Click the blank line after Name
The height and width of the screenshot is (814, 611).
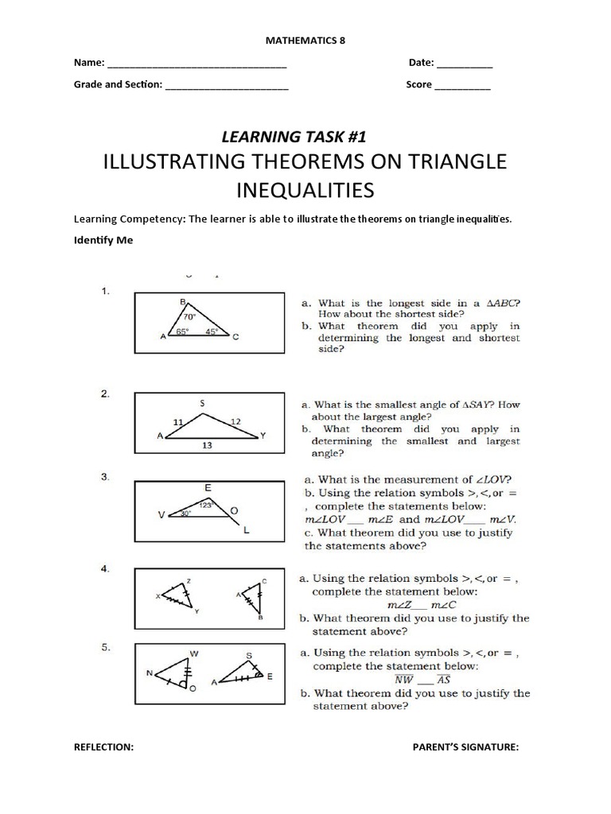coord(197,64)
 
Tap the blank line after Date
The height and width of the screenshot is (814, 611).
coord(465,64)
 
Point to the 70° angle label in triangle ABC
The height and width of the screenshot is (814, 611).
coord(189,315)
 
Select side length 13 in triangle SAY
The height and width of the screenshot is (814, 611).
coord(207,446)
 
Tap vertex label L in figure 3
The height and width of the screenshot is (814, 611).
coord(247,529)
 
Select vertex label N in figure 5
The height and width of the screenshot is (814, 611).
coord(149,673)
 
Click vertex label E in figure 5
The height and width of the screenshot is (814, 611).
coord(270,676)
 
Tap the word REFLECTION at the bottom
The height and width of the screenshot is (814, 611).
coord(103,747)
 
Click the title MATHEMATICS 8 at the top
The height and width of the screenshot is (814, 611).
coord(305,39)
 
